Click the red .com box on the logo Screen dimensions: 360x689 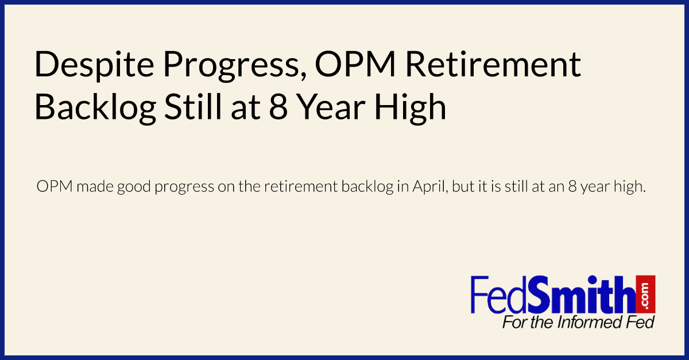tap(645, 293)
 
